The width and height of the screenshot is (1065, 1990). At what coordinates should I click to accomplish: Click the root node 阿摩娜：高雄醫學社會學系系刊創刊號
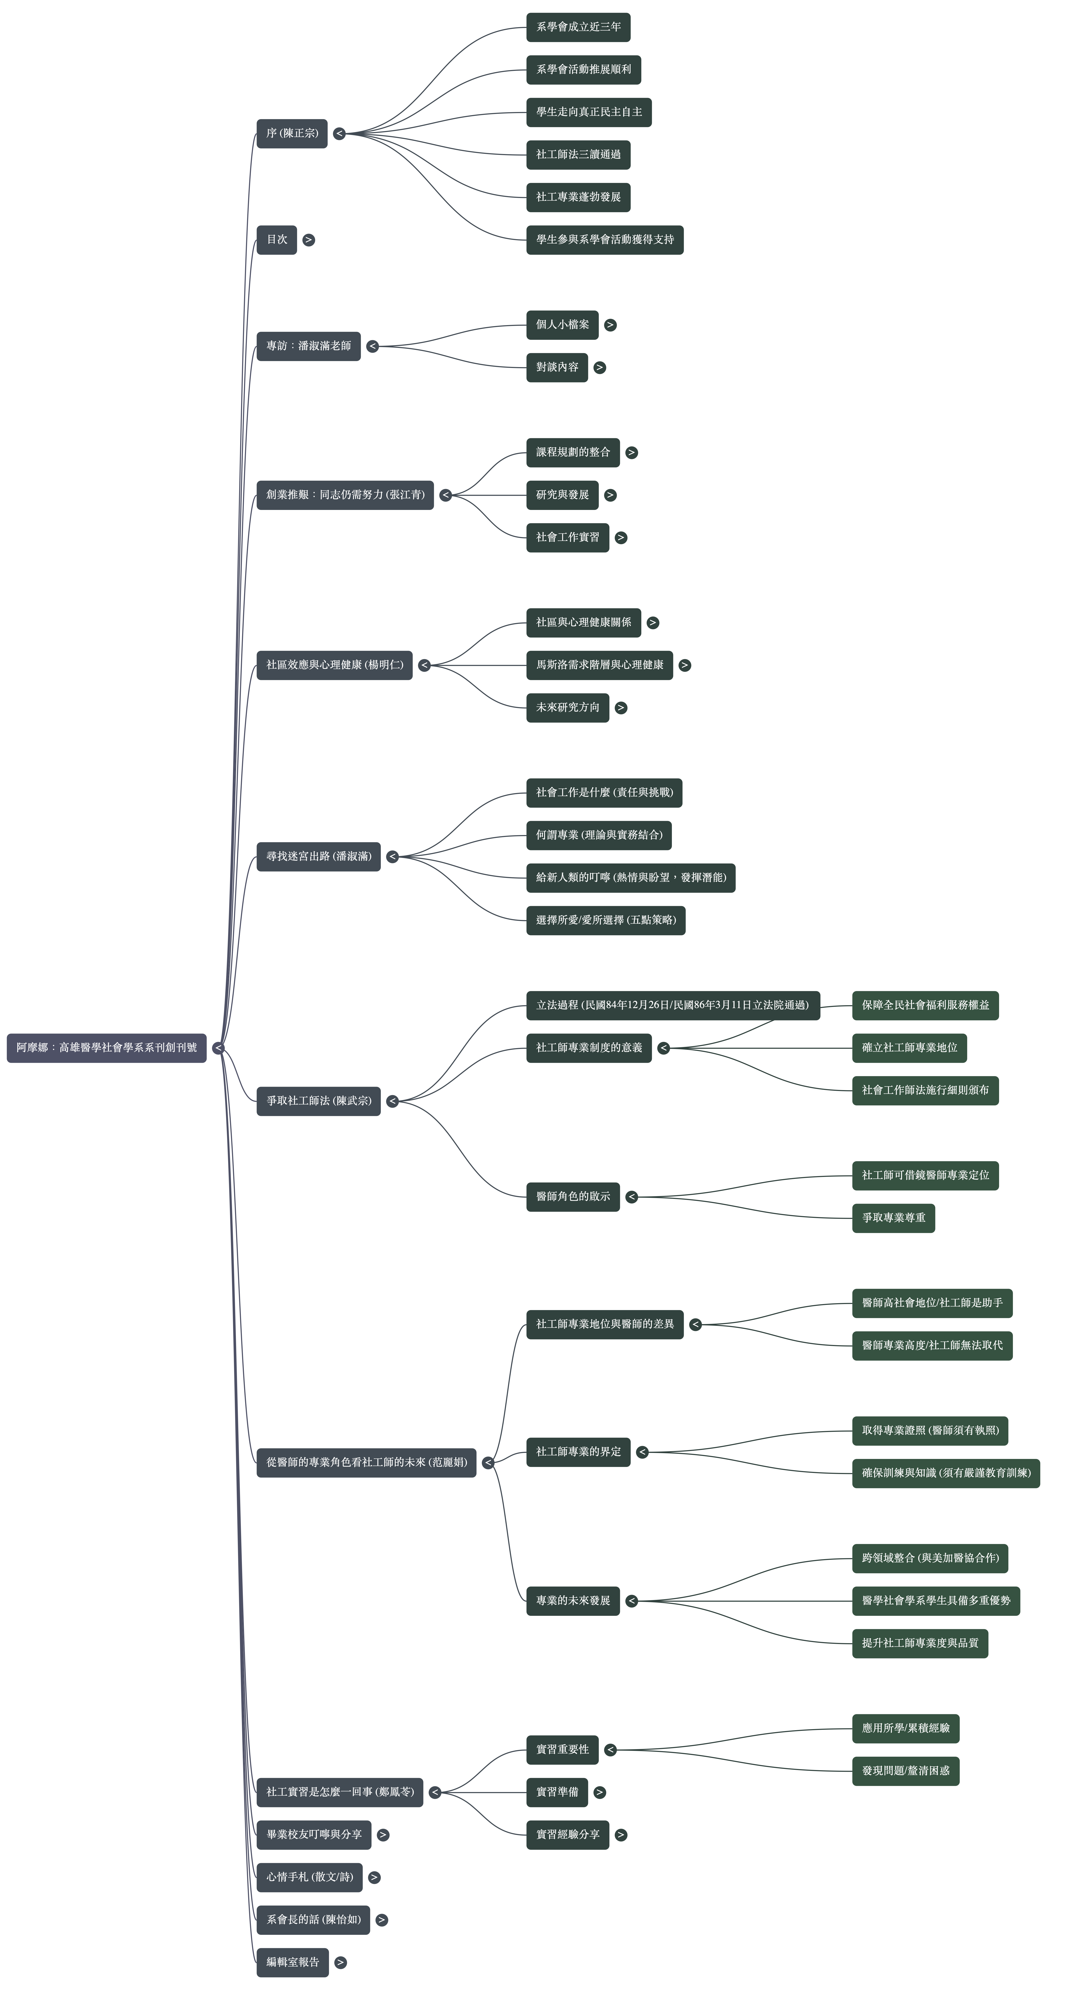(x=107, y=1047)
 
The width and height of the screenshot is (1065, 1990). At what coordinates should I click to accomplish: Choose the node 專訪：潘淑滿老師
(x=308, y=346)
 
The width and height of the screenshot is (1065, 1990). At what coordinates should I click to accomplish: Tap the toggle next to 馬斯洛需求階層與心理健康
(x=684, y=665)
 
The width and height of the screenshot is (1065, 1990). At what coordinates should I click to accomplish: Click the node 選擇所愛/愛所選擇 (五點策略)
(x=606, y=920)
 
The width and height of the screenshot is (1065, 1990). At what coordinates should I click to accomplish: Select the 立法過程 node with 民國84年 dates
(x=673, y=1005)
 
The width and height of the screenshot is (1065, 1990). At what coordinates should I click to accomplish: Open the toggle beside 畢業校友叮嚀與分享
(x=383, y=1835)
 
